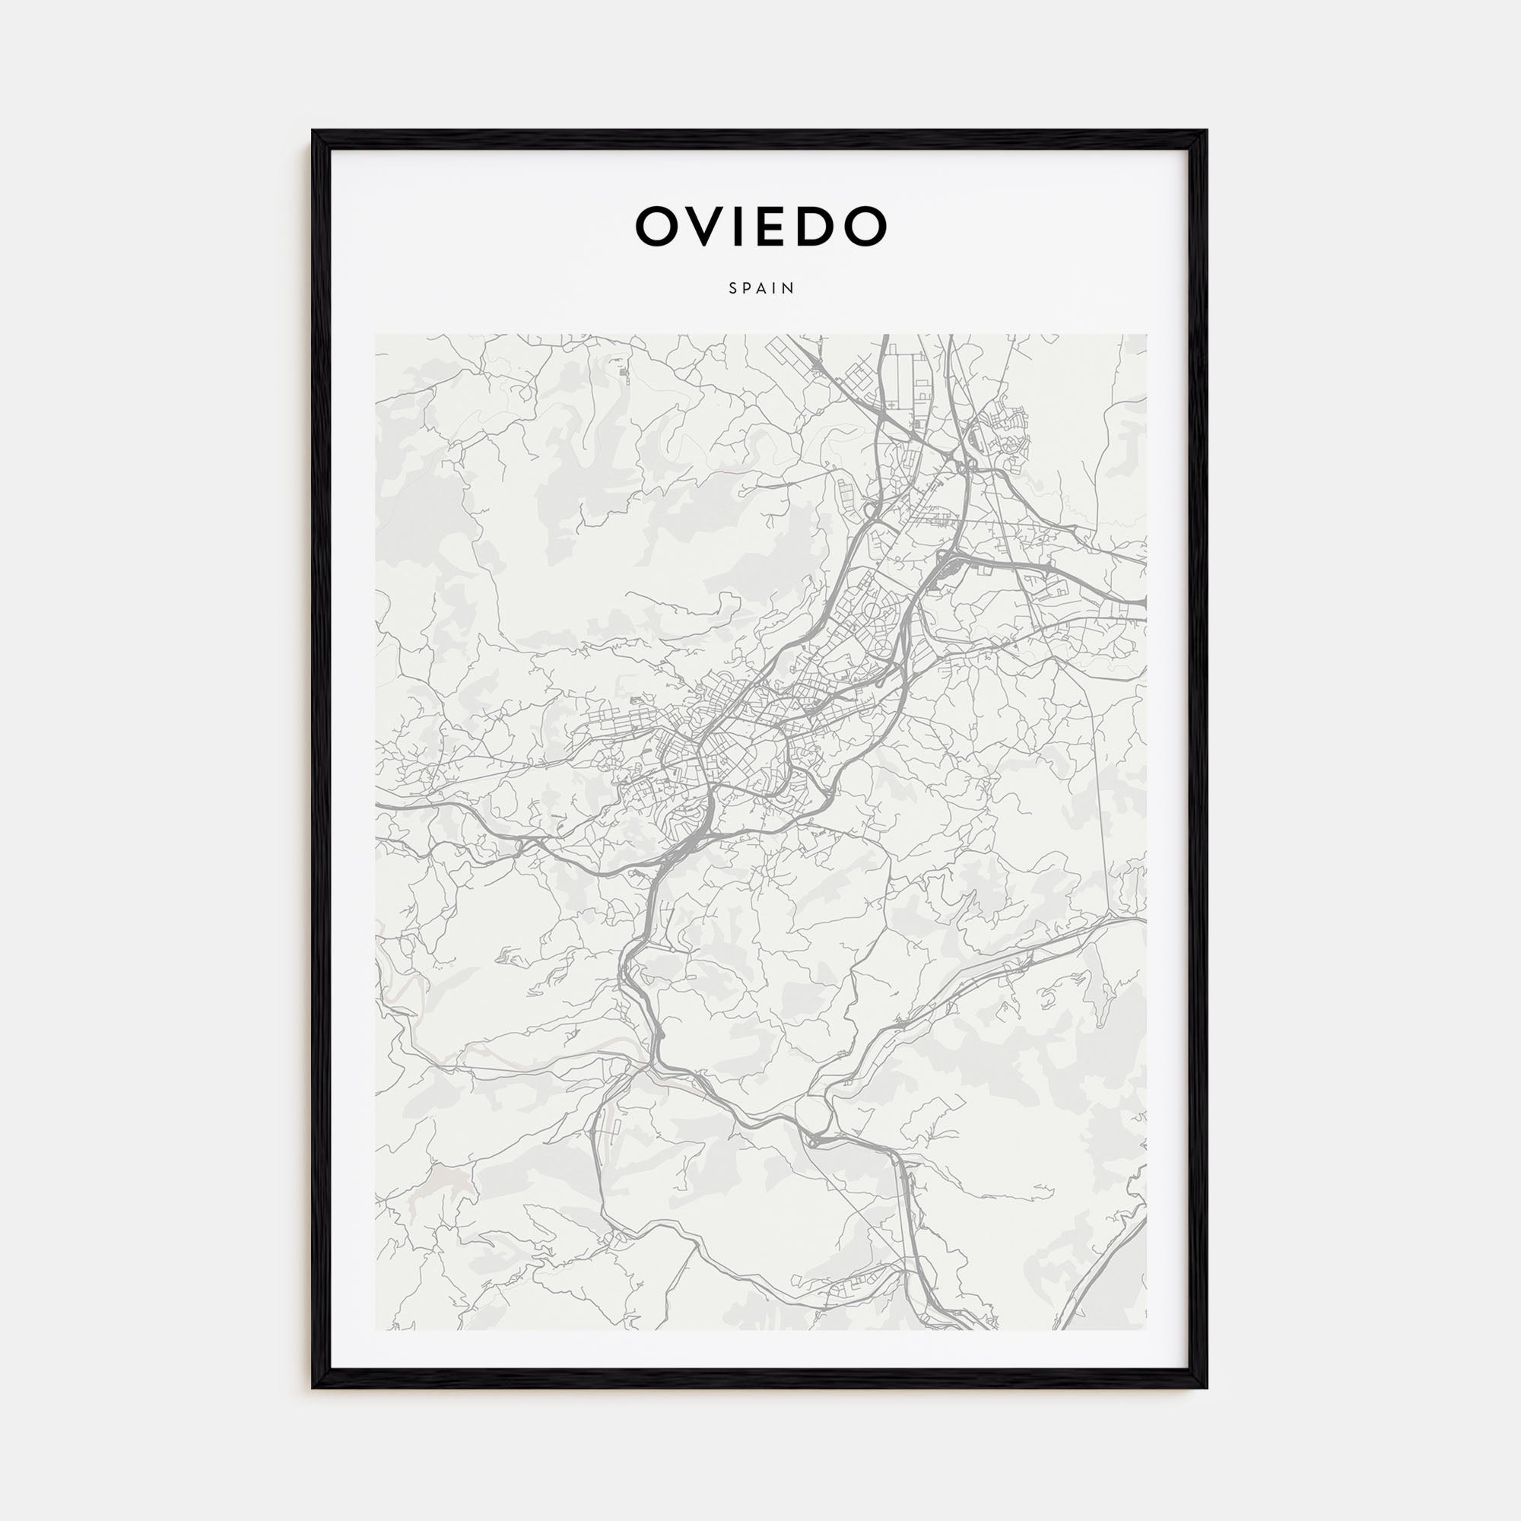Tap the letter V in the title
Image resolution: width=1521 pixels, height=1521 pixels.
(708, 226)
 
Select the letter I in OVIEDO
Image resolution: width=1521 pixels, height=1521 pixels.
(745, 226)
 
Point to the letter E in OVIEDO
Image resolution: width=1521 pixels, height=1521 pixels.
(777, 226)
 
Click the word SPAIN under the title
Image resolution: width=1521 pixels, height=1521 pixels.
(761, 289)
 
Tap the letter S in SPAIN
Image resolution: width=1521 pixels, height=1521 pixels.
(733, 289)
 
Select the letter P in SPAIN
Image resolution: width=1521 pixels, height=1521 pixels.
(747, 289)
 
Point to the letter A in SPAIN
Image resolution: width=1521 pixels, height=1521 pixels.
(762, 289)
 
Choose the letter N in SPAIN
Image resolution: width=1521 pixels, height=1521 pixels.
(789, 289)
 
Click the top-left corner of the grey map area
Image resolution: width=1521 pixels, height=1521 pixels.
(376, 335)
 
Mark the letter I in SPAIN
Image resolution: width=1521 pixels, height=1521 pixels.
(776, 289)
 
